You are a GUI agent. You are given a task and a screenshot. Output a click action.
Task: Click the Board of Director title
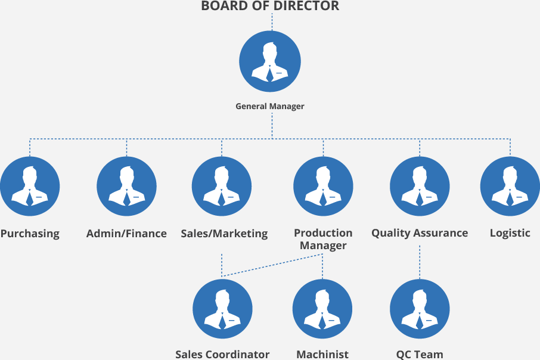coord(270,7)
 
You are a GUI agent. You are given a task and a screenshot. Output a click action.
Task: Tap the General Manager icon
coord(269,62)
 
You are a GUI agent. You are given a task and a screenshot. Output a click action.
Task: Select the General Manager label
coord(270,107)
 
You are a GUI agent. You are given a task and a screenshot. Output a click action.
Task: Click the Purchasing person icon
coord(30,186)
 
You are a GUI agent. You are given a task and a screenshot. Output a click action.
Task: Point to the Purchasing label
coord(30,233)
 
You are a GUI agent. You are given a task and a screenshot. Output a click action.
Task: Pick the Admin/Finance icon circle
coord(126,186)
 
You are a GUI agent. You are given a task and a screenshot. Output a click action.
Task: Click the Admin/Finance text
coord(126,233)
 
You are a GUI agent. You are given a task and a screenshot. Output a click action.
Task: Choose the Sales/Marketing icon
coord(222,186)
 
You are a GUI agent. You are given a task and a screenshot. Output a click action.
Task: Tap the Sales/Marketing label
coord(224,233)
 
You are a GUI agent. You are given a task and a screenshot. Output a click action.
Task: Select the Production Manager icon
coord(323,186)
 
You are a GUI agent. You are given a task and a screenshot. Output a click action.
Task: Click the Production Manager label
coord(323,239)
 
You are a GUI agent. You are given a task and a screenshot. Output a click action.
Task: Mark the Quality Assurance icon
coord(420,186)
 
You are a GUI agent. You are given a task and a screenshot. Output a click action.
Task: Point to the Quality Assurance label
coord(420,233)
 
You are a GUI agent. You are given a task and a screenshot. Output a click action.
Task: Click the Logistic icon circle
coord(510,186)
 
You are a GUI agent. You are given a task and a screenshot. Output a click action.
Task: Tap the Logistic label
coord(510,233)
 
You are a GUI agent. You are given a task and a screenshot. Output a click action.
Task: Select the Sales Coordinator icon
coord(222,309)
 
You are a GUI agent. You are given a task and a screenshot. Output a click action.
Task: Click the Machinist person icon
coord(322,309)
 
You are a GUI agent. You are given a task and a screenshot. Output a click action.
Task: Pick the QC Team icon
coord(420,309)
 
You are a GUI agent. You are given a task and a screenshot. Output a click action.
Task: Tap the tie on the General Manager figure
coord(270,75)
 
